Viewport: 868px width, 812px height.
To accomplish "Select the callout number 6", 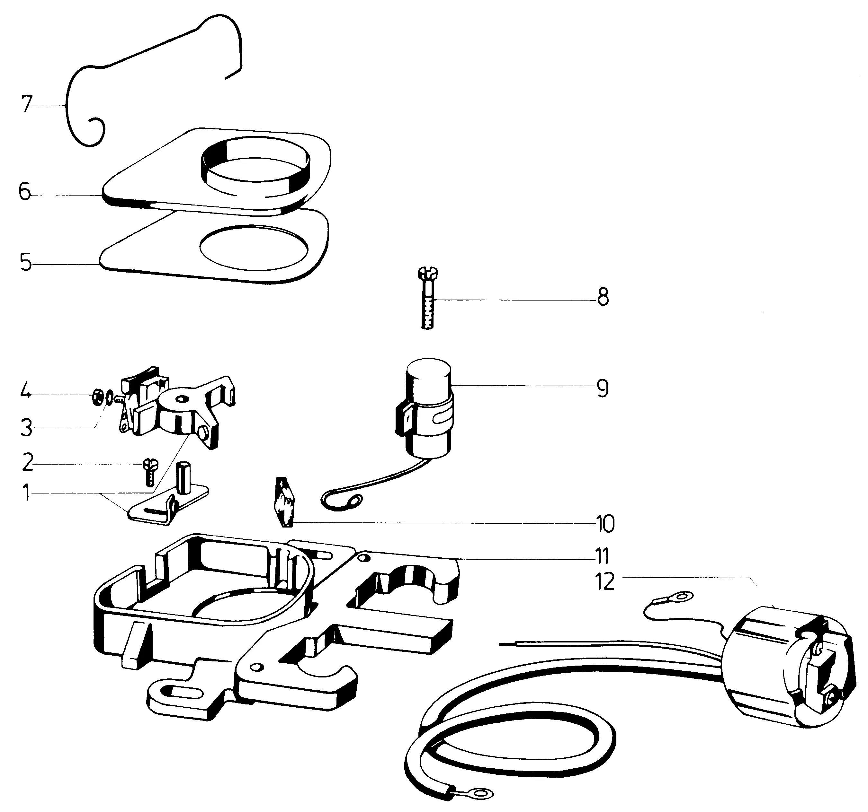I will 25,192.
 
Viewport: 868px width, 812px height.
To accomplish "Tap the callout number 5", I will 26,263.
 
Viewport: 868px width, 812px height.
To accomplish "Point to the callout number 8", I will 603,299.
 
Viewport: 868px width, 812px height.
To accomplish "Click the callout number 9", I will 602,388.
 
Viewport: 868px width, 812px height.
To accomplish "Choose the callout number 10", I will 605,524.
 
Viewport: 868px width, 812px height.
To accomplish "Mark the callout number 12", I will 605,581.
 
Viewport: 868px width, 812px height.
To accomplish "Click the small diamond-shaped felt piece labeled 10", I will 284,502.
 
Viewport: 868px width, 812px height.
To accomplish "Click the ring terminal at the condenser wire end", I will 354,501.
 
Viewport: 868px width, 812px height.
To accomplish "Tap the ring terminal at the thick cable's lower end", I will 481,792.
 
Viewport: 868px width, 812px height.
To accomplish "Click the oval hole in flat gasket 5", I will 253,248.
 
